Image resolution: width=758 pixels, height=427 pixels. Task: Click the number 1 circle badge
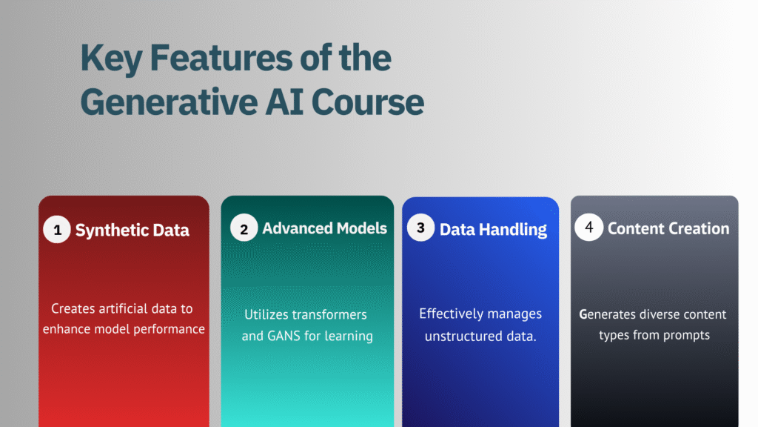(x=57, y=230)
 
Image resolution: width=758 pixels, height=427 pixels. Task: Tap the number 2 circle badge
(x=244, y=228)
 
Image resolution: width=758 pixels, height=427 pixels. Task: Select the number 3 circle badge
(x=420, y=228)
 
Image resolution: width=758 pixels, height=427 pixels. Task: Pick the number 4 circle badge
(x=588, y=227)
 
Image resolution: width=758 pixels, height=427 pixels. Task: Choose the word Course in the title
(x=367, y=102)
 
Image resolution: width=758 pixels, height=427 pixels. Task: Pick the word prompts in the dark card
(x=689, y=336)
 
